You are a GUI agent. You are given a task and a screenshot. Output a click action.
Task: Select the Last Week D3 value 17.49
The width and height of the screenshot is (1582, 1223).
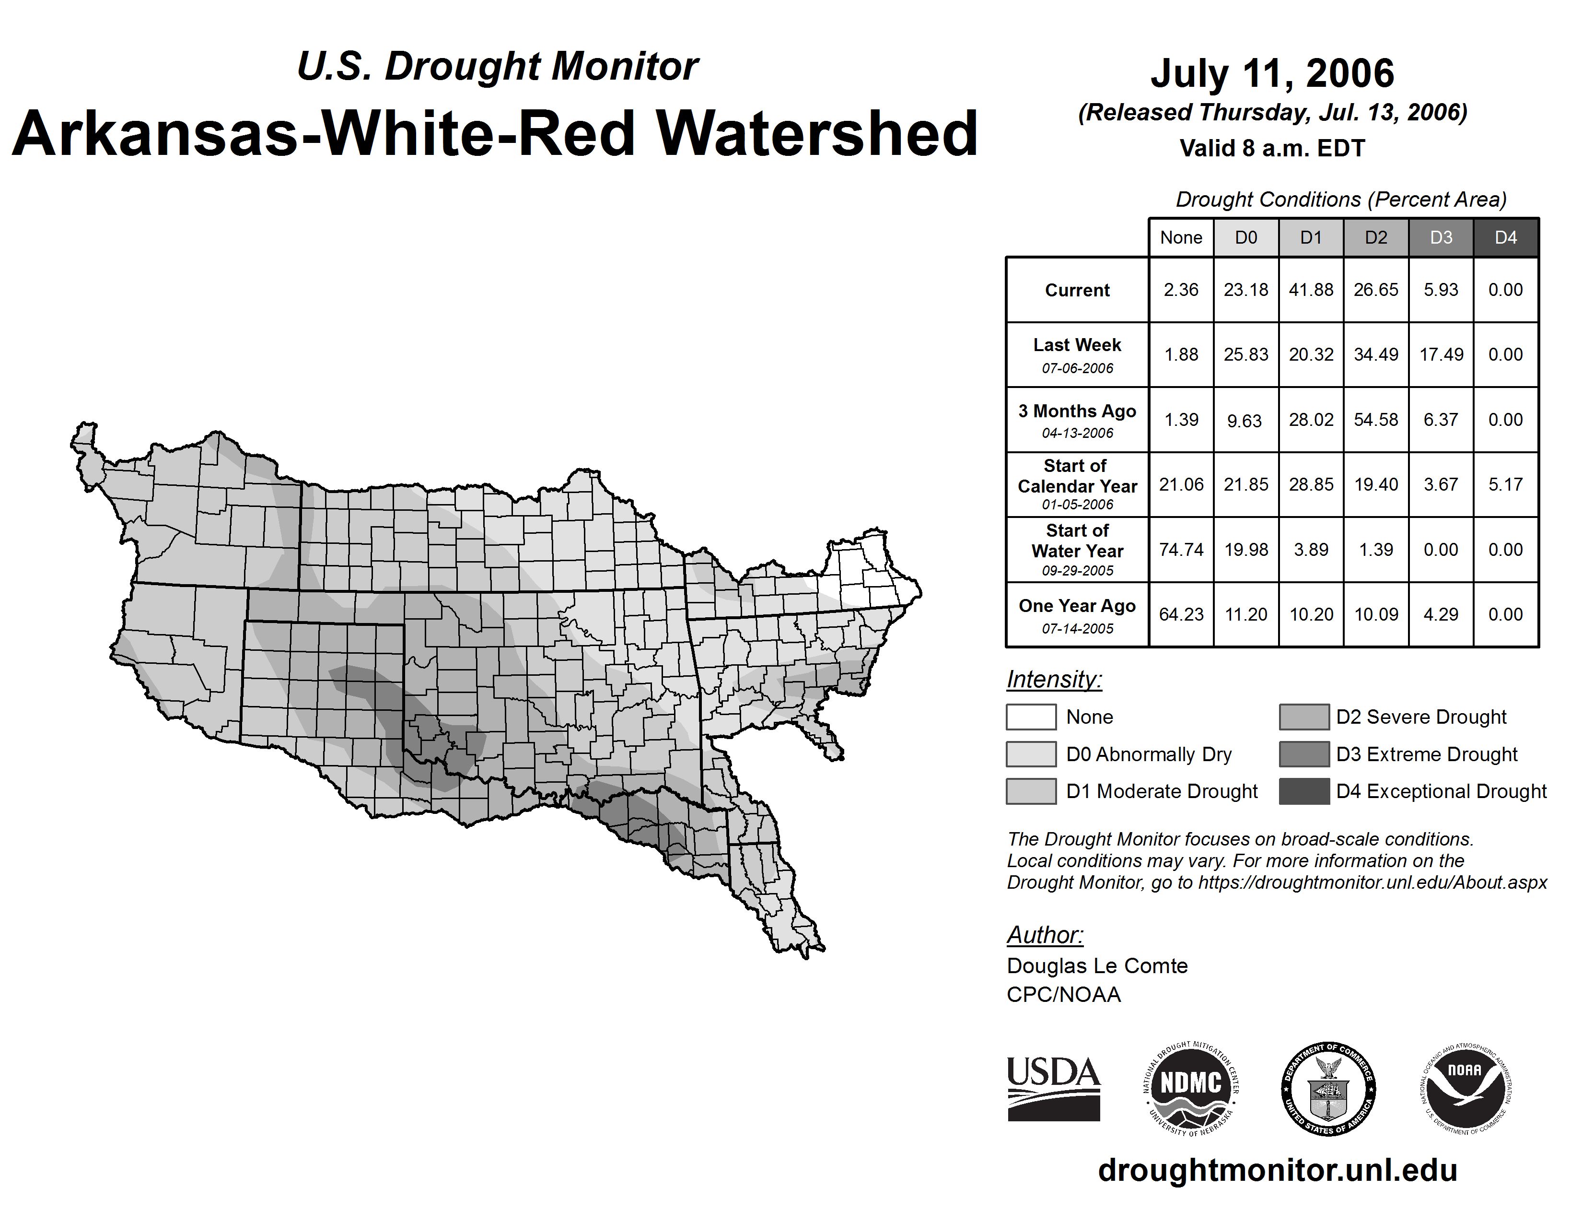click(1441, 355)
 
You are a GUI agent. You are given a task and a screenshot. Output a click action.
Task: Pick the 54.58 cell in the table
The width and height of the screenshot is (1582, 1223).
click(1375, 420)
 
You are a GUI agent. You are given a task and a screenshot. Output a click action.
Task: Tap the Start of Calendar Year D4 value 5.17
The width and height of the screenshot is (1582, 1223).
click(1505, 484)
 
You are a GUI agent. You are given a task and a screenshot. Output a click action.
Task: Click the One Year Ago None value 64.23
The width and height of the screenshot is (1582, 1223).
click(1181, 614)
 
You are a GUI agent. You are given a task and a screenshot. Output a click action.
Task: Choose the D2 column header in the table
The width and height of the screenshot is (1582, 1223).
click(1375, 237)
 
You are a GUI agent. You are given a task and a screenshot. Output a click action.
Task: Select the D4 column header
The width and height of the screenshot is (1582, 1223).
click(1505, 237)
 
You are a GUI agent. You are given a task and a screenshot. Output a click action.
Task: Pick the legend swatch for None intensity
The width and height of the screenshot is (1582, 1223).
click(1031, 717)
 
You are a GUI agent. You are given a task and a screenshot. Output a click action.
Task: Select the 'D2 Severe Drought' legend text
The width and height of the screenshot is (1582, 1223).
click(1420, 717)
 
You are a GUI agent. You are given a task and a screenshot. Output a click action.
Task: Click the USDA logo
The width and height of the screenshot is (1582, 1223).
click(1053, 1088)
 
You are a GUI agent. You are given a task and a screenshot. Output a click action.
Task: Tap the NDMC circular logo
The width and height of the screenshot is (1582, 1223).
click(1191, 1088)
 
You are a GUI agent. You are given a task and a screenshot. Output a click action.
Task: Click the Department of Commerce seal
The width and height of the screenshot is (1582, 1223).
click(1328, 1088)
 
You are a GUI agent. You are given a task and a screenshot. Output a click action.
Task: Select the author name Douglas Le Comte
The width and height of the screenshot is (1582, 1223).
click(1097, 966)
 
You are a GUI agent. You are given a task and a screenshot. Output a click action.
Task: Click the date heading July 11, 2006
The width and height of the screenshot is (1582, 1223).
click(1272, 73)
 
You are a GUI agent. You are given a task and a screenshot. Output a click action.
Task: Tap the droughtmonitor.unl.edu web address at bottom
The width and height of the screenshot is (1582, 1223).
click(1277, 1170)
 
